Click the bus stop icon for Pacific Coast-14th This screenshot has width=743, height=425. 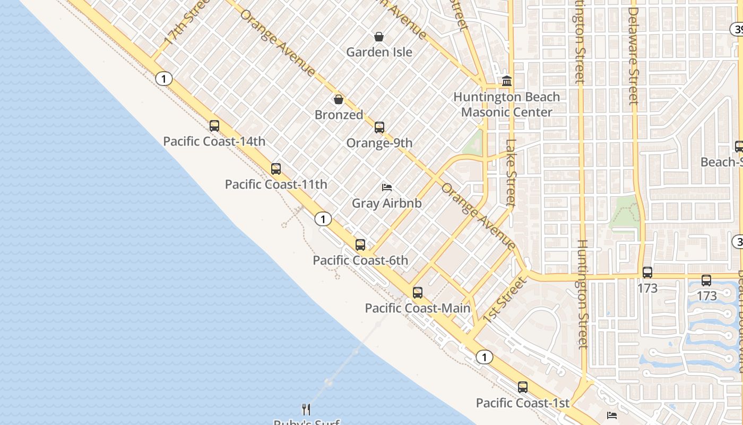(214, 126)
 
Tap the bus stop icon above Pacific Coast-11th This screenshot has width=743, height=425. (276, 169)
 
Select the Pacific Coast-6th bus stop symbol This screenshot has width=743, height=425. (360, 245)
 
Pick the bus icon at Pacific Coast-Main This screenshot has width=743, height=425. (418, 293)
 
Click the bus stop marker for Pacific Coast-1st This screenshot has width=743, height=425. (523, 387)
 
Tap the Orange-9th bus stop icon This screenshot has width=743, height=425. (379, 127)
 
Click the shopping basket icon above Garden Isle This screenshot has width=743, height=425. (379, 37)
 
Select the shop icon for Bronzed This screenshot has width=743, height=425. (339, 99)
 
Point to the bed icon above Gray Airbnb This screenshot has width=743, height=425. (387, 188)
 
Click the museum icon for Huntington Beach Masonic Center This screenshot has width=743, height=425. (507, 81)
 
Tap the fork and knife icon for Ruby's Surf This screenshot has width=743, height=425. (306, 409)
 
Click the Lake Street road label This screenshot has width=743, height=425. (511, 173)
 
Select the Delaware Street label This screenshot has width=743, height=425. (633, 56)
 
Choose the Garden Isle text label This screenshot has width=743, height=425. (379, 52)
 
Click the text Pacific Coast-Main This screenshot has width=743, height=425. (418, 308)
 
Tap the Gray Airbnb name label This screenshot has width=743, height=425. (387, 203)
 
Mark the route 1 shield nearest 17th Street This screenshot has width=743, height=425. (164, 79)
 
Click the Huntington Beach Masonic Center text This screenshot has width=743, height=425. (507, 104)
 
